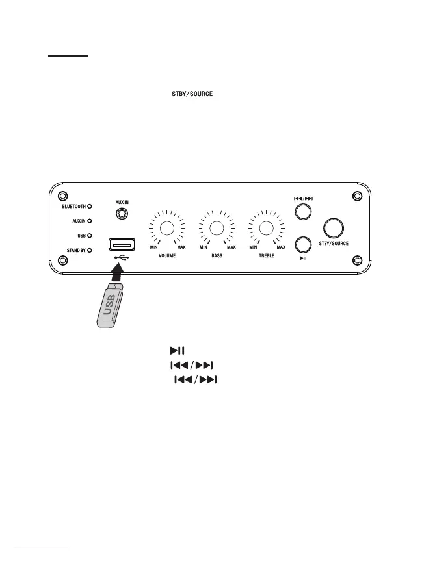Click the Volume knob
166,228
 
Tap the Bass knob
217,228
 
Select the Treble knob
265,228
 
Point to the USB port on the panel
122,245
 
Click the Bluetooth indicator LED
90,206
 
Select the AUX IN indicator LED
90,221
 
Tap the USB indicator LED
90,235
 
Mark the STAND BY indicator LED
90,249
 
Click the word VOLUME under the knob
166,257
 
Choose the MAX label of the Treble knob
281,247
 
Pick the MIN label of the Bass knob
204,247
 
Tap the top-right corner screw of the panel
356,196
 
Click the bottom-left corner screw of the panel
63,260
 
